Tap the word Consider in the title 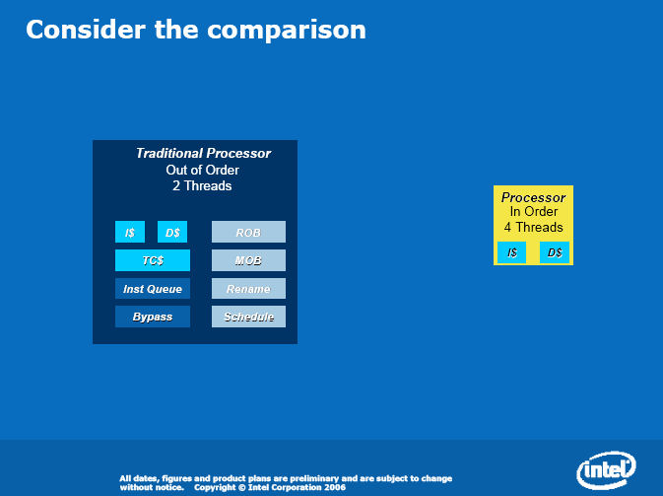86,30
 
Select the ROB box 248,232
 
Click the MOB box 248,260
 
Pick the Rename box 248,289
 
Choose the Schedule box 248,317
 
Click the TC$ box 153,260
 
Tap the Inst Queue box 153,289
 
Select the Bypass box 153,317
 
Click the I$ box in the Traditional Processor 130,232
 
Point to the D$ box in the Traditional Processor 172,232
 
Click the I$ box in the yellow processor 511,252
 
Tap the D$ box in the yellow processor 555,252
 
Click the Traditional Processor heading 203,153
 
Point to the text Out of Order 203,171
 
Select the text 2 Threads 202,185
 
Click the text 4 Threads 534,227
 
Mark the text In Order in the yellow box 534,212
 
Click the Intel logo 606,469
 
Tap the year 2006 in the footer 335,487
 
